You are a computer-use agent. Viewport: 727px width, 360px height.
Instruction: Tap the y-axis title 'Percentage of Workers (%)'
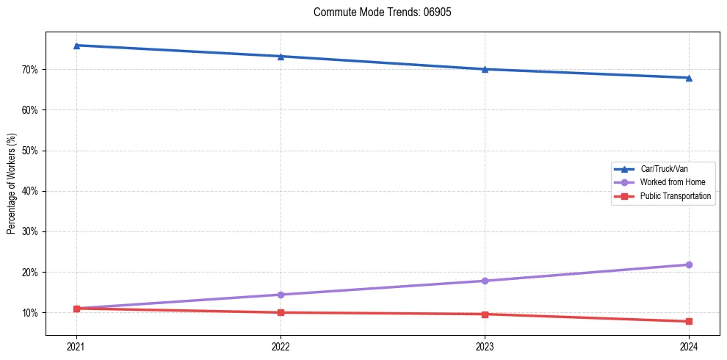(12, 184)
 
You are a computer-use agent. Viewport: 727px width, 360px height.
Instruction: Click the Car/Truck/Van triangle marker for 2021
(76, 46)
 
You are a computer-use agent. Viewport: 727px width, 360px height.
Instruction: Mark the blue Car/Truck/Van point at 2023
(485, 69)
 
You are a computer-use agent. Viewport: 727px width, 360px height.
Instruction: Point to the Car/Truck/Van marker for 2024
(689, 77)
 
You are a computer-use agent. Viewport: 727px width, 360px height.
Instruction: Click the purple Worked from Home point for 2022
(281, 295)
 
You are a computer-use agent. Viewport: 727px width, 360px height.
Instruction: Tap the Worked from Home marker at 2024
(689, 264)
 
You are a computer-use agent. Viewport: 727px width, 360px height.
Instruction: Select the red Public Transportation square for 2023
(485, 314)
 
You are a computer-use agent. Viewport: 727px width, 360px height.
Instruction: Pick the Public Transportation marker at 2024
(689, 321)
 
